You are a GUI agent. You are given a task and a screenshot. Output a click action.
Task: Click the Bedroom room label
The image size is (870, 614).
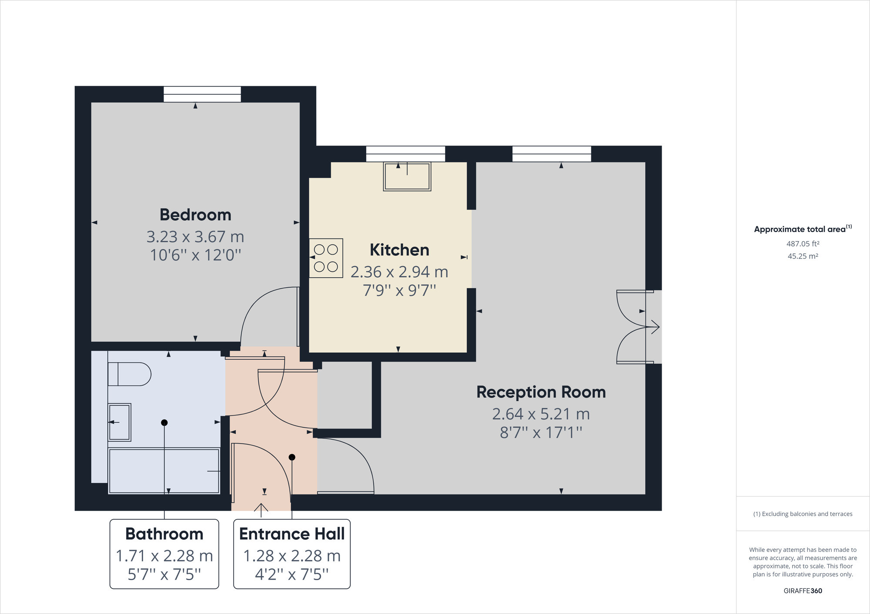tap(195, 215)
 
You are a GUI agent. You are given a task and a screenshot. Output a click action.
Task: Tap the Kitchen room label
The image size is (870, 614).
tap(399, 250)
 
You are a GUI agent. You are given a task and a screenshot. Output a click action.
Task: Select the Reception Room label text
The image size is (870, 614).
tap(541, 392)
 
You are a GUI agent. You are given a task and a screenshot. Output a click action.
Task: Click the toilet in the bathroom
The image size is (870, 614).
tap(129, 374)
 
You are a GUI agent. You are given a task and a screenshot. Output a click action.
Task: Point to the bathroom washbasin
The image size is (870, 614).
tap(119, 422)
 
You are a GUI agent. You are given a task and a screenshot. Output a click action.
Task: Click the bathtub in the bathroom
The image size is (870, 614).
tap(164, 471)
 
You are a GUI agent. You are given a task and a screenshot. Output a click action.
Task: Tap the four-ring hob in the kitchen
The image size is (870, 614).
tap(326, 258)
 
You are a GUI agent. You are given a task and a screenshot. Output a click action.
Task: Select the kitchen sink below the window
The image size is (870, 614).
tap(407, 176)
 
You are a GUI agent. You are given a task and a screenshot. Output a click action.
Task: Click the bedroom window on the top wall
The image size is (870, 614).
tap(202, 94)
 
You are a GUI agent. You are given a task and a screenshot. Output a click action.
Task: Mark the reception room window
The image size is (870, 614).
tap(552, 154)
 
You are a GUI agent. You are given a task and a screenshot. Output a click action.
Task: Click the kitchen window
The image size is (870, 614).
tap(405, 154)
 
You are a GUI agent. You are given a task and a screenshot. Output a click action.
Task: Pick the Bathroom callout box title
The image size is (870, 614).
tap(164, 534)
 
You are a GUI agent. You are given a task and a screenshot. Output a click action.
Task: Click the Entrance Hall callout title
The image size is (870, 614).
tap(292, 534)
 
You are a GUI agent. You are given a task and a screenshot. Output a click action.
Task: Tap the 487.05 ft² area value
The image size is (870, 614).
tap(803, 244)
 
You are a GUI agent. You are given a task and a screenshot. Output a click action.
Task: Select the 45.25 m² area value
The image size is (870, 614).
tap(803, 256)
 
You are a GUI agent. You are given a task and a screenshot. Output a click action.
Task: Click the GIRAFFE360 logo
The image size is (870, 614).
tap(803, 591)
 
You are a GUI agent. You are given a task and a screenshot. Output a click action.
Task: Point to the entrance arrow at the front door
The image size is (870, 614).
tap(261, 510)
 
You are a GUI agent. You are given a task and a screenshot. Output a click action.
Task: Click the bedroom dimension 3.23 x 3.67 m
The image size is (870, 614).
tap(195, 237)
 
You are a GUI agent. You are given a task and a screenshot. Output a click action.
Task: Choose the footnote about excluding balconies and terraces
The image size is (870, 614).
tap(803, 514)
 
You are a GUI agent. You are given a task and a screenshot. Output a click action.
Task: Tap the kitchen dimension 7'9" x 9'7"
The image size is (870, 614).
tap(399, 290)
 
